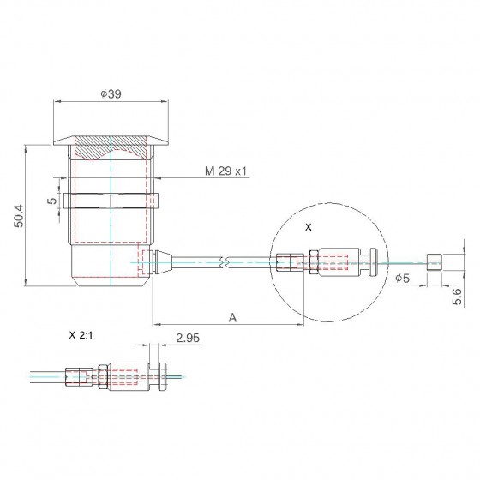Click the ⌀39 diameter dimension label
coord(111,93)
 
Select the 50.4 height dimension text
coord(19,216)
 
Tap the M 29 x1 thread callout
coord(225,171)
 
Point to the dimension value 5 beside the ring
coord(53,201)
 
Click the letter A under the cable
coord(232,318)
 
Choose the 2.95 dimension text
coord(188,338)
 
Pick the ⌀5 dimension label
coord(402,279)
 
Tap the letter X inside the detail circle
coord(309,227)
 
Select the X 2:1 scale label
coord(81,335)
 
